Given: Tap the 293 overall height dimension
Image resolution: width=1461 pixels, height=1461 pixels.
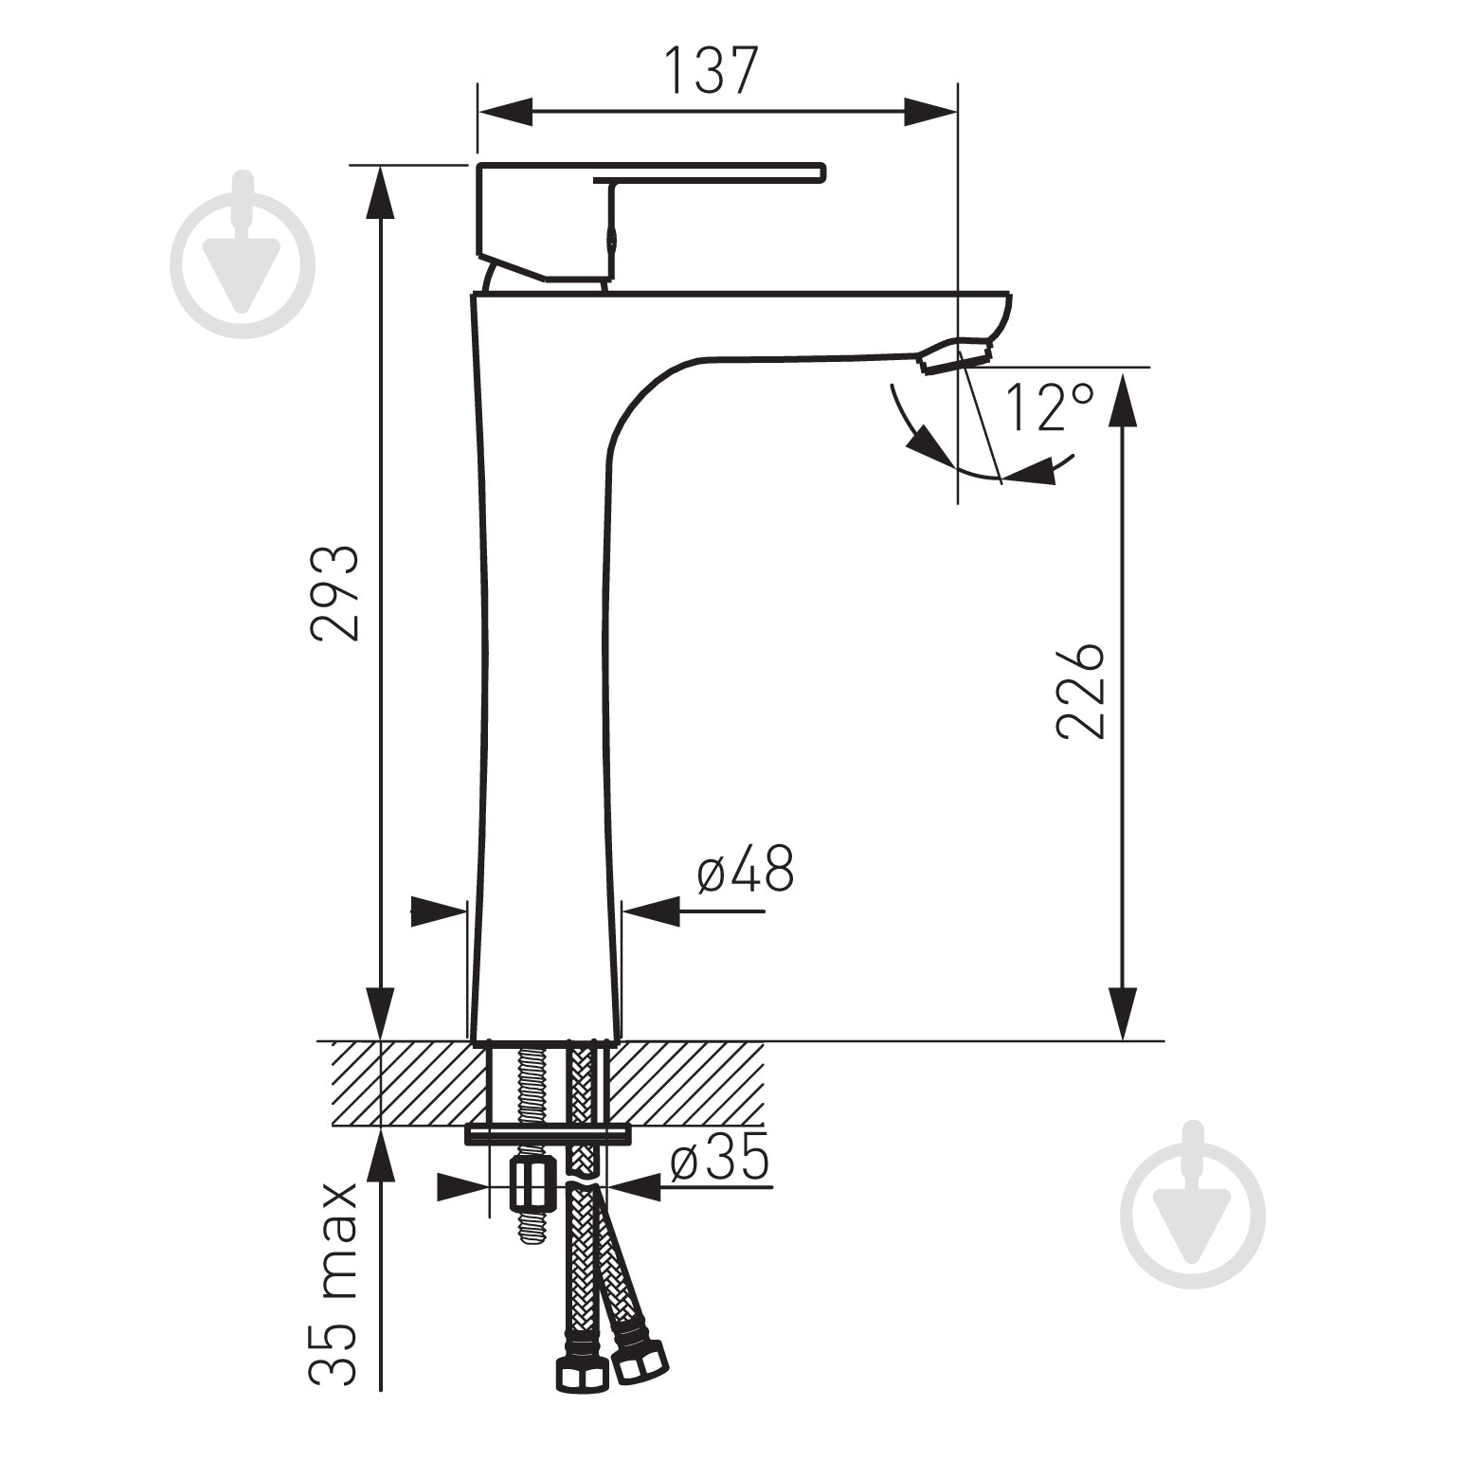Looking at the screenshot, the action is tap(335, 594).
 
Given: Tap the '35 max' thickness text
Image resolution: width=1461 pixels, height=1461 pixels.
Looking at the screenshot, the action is tap(334, 1284).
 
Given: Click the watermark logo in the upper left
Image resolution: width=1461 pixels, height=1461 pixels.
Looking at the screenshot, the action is tap(243, 255).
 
